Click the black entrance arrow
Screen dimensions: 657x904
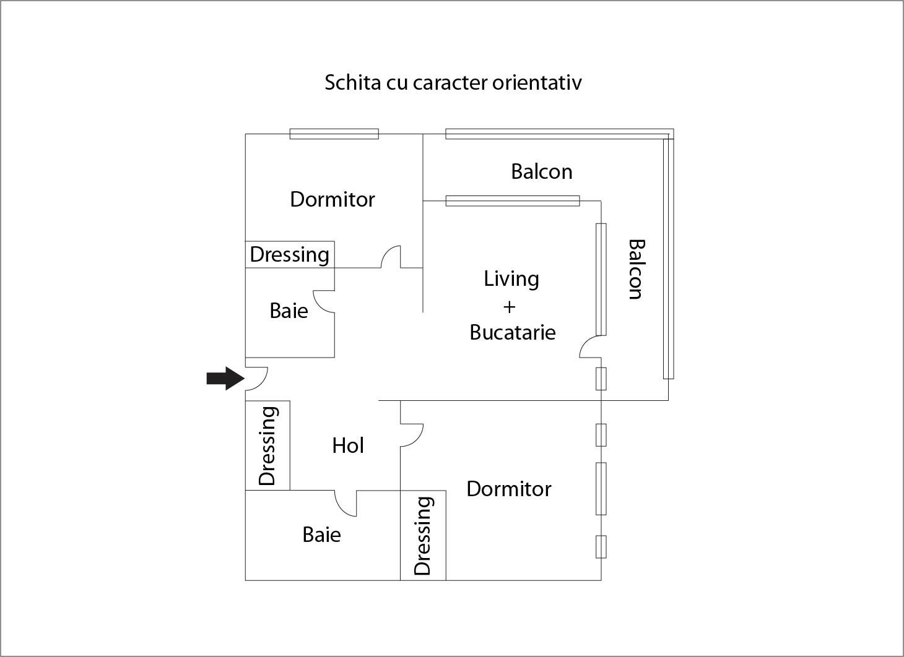225,378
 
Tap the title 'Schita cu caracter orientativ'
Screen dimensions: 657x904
453,82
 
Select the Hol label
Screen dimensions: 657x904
347,445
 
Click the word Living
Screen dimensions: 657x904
511,279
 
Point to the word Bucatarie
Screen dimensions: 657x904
512,332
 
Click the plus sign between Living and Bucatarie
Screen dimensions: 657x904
509,306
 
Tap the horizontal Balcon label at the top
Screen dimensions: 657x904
541,171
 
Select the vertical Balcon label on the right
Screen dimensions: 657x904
636,269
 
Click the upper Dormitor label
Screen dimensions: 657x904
332,199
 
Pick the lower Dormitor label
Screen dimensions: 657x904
508,489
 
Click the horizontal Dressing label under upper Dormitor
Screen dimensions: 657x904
289,254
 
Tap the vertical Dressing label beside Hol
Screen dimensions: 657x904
267,445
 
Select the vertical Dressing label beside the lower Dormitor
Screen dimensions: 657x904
423,536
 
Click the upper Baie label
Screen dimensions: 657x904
289,311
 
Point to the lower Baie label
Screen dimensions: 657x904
321,535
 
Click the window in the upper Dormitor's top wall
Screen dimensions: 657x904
334,134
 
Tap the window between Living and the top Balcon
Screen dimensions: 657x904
512,200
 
